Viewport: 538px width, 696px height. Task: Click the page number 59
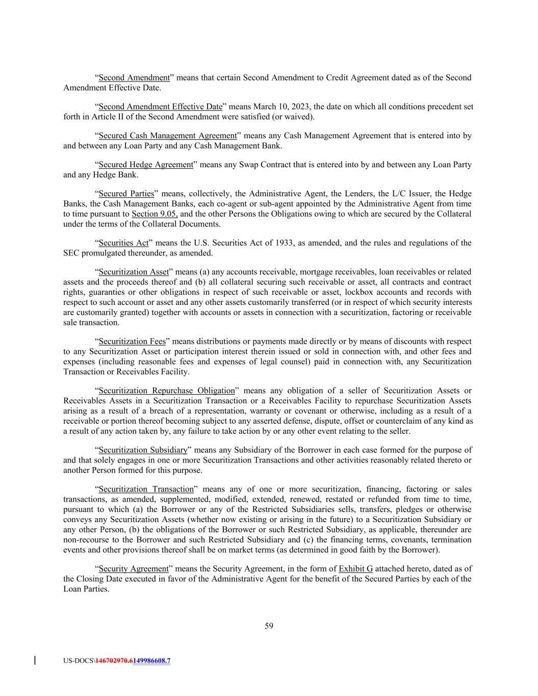pyautogui.click(x=269, y=626)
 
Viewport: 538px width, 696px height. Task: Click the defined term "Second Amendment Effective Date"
pyautogui.click(x=160, y=107)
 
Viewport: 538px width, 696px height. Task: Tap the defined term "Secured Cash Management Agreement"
pyautogui.click(x=167, y=136)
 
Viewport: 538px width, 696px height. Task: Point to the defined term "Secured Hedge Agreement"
pyautogui.click(x=146, y=165)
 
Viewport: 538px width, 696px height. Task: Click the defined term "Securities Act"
pyautogui.click(x=123, y=243)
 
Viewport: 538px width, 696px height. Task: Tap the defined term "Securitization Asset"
pyautogui.click(x=133, y=272)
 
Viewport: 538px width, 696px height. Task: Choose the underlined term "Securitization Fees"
pyautogui.click(x=132, y=341)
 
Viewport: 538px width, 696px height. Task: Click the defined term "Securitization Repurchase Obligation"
pyautogui.click(x=166, y=391)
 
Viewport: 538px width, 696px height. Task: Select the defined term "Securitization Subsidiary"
pyautogui.click(x=143, y=450)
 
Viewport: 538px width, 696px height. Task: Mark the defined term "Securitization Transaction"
pyautogui.click(x=146, y=489)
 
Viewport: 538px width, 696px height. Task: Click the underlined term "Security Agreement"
pyautogui.click(x=133, y=569)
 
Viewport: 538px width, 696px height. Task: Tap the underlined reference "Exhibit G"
pyautogui.click(x=355, y=569)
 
